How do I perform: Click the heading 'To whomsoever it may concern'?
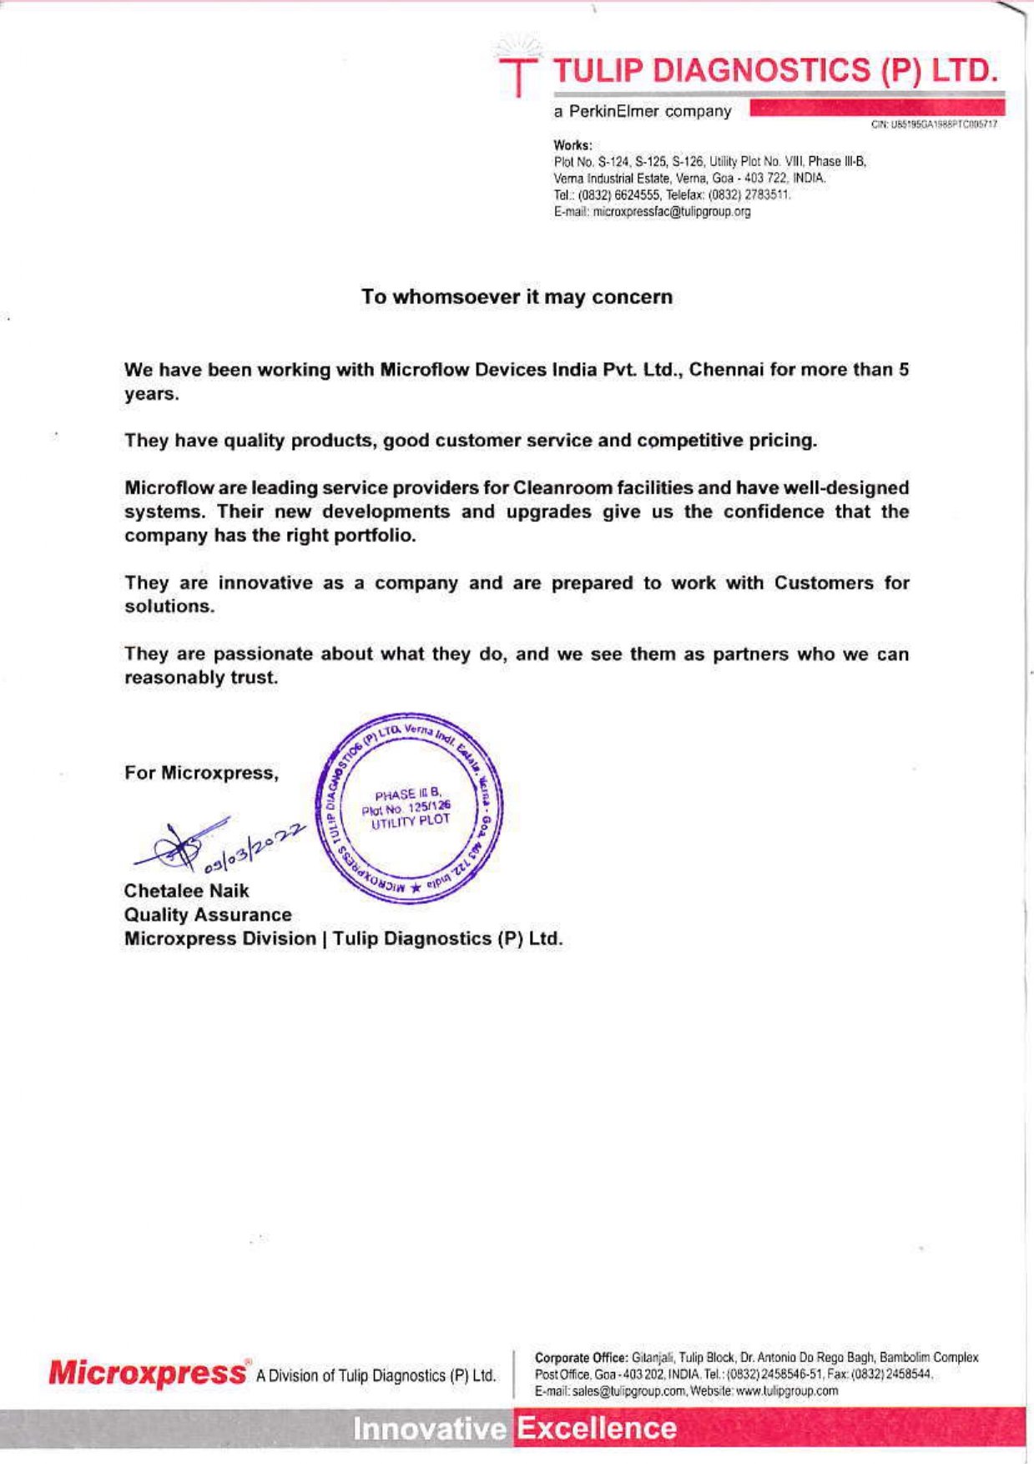click(517, 297)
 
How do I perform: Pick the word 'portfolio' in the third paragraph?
click(379, 535)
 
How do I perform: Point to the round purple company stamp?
click(409, 807)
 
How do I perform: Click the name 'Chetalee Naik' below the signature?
click(186, 891)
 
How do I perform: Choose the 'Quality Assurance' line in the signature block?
click(208, 915)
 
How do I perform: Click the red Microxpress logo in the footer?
click(147, 1373)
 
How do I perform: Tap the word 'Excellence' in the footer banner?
click(596, 1429)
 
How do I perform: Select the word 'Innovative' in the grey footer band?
click(429, 1429)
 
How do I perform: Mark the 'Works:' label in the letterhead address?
click(572, 145)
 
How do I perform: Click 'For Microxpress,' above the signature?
click(201, 773)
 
